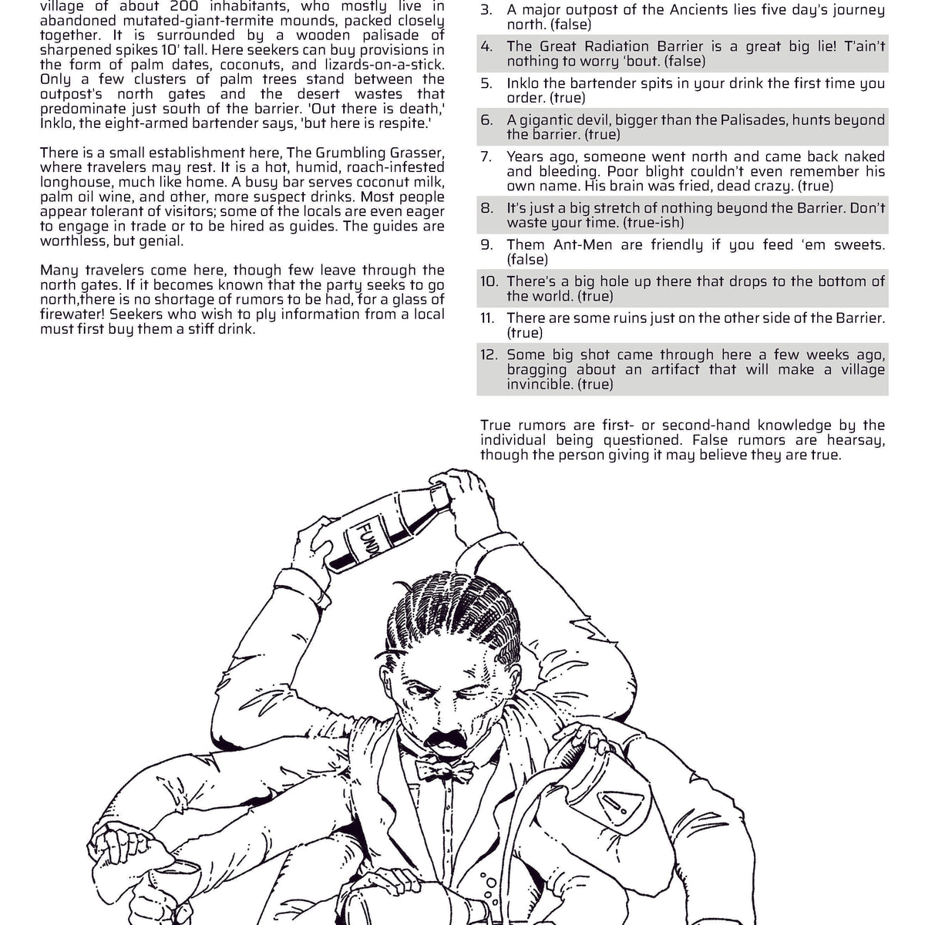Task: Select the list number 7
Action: pos(486,156)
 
